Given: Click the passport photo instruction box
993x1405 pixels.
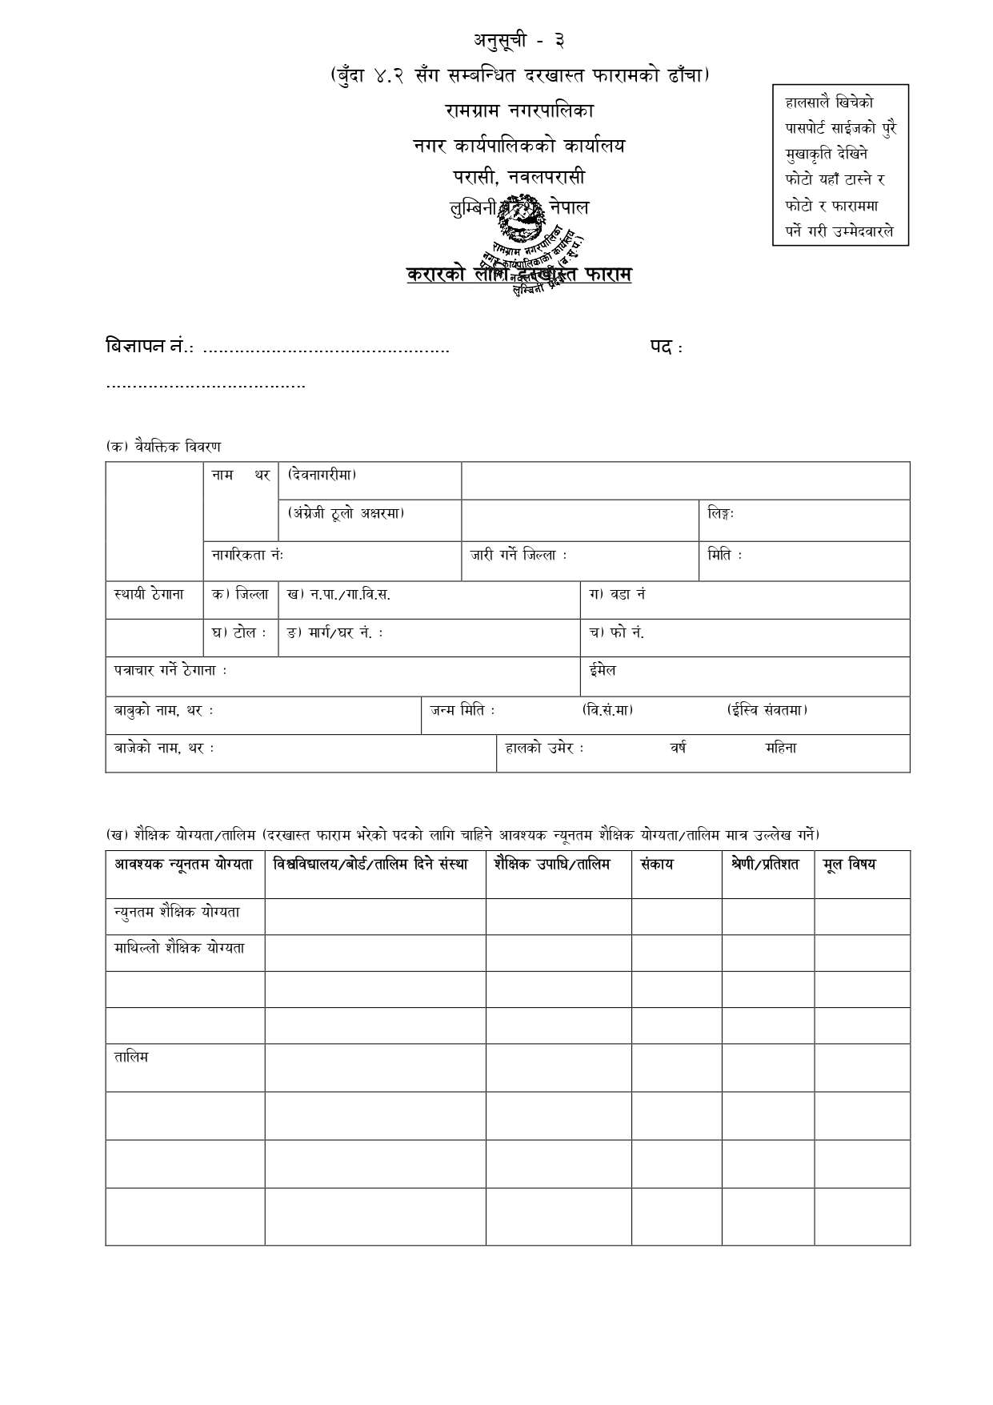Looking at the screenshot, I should [x=840, y=165].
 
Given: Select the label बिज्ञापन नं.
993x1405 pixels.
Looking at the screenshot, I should [x=150, y=347].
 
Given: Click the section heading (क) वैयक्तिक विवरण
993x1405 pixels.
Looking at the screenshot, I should [x=163, y=447].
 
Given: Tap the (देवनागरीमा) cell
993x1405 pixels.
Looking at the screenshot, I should [x=322, y=475].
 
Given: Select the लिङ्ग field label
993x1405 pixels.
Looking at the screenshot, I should [x=721, y=513].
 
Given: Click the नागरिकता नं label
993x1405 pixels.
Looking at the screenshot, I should [x=247, y=555].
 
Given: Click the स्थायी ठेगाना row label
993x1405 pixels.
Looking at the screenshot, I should [x=149, y=595].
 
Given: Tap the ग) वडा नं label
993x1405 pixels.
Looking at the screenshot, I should [x=617, y=595].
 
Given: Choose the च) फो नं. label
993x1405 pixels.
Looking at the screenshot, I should [x=616, y=632].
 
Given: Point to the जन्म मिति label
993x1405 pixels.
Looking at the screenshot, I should [x=462, y=710].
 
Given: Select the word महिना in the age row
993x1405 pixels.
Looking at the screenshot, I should [x=780, y=749].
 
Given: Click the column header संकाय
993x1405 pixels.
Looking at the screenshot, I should [x=656, y=865].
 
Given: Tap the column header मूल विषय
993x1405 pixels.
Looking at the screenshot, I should [x=849, y=865].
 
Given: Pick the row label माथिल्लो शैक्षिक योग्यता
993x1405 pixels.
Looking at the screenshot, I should [x=179, y=949].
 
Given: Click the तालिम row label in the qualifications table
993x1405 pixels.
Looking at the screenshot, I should [x=130, y=1058].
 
